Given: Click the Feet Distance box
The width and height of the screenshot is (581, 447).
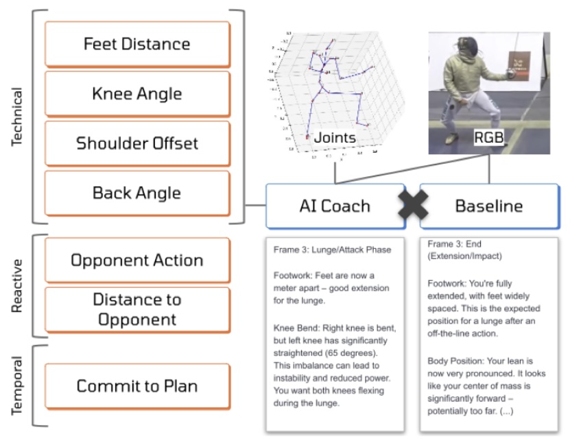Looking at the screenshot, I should pyautogui.click(x=137, y=44).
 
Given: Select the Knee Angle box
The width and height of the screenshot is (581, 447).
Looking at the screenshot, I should pyautogui.click(x=137, y=93).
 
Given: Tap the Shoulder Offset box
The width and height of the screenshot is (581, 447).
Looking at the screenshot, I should pyautogui.click(x=137, y=143).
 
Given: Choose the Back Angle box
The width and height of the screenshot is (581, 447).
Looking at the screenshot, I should pyautogui.click(x=137, y=193).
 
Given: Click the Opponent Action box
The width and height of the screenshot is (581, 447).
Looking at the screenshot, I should pyautogui.click(x=137, y=261).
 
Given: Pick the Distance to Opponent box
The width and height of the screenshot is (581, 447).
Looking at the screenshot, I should pyautogui.click(x=137, y=309).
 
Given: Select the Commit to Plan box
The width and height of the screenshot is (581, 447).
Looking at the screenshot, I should pyautogui.click(x=137, y=386).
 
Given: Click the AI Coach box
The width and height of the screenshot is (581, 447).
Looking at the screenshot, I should pyautogui.click(x=334, y=206).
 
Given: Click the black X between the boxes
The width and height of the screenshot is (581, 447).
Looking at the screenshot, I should pyautogui.click(x=412, y=205).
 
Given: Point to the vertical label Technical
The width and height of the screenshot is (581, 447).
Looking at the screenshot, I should pyautogui.click(x=19, y=117).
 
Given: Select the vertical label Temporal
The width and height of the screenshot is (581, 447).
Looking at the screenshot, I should pyautogui.click(x=19, y=385).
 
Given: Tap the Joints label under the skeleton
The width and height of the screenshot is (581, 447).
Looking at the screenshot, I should pyautogui.click(x=335, y=138).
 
